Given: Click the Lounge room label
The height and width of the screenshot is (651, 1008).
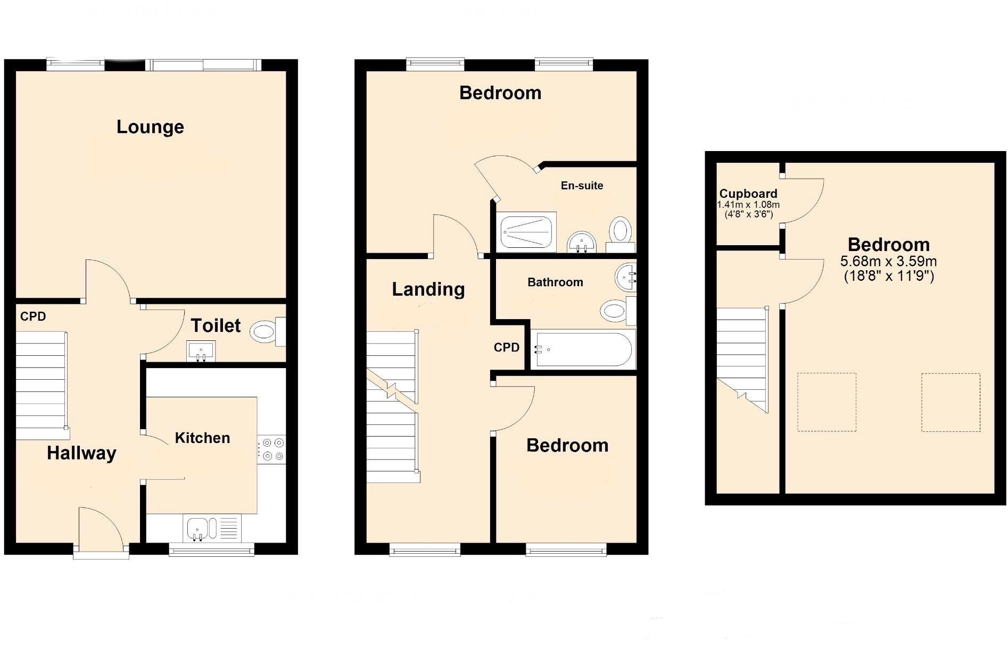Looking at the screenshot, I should coord(150,127).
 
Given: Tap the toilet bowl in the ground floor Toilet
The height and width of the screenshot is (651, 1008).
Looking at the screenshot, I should coord(263,332).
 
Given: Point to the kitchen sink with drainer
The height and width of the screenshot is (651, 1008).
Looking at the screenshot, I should coord(212,528).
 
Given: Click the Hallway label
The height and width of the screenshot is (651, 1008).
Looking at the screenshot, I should coord(81,453).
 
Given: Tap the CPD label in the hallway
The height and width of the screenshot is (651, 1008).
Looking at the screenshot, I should coord(33,316).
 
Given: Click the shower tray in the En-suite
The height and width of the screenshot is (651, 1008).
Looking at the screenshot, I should coord(527,232).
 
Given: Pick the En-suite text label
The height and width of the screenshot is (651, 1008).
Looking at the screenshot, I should coord(582,186).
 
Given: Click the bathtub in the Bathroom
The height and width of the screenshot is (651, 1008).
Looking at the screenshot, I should coord(583,349).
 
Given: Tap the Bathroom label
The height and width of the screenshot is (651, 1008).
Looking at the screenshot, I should coord(555,282).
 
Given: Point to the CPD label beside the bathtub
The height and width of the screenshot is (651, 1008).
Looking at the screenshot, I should coord(506,348).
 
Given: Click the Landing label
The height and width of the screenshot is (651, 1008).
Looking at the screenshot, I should coord(428,289).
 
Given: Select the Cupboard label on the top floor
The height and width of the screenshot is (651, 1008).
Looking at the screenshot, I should coord(748,194).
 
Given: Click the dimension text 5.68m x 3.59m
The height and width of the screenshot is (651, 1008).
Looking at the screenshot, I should coord(888,262).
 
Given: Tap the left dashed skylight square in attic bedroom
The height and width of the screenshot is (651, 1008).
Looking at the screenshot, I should coord(827,402).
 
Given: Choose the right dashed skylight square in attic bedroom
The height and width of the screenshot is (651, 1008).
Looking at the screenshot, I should coord(951,402).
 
